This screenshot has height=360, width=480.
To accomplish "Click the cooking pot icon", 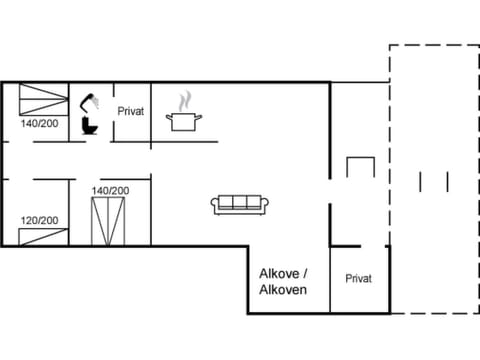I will pos(184,122).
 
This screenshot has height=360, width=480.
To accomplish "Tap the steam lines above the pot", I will pos(184,101).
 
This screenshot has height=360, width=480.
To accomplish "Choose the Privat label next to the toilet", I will pos(131,112).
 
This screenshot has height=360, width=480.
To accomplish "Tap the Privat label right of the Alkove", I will pos(358,279).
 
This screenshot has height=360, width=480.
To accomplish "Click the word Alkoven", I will pos(283,290).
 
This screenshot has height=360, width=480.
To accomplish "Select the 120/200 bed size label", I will pos(40,220).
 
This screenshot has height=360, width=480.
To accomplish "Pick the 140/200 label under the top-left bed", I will pos(40,124).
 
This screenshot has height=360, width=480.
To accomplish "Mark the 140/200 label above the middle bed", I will pos(110,190).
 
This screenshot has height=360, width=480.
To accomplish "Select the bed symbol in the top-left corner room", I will pos(40,99).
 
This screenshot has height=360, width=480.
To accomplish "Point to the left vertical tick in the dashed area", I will pos(422,181).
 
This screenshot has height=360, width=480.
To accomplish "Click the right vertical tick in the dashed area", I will pos(445,181).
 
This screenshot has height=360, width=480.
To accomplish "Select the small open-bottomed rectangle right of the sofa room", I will pos(359,167).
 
